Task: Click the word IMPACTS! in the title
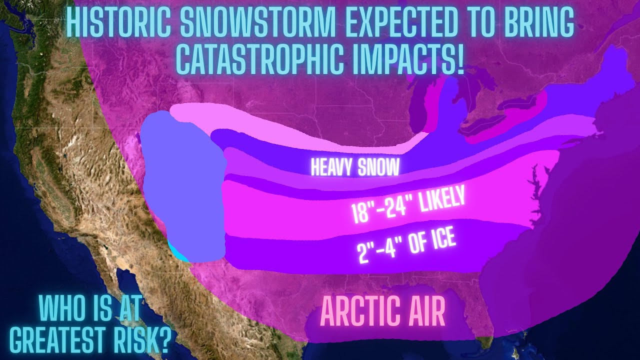pos(413,59)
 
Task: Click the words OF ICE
pos(431,240)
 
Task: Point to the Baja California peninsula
pos(132,300)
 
